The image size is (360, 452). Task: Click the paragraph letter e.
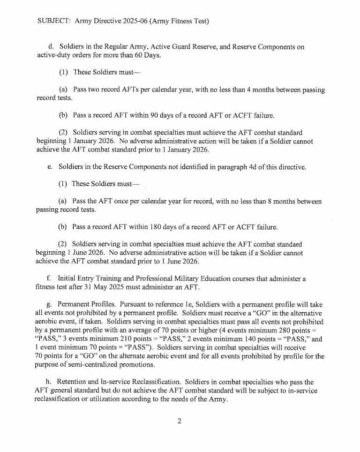click(x=50, y=167)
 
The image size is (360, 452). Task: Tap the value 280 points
click(x=298, y=339)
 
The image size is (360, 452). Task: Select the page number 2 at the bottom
click(x=179, y=421)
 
